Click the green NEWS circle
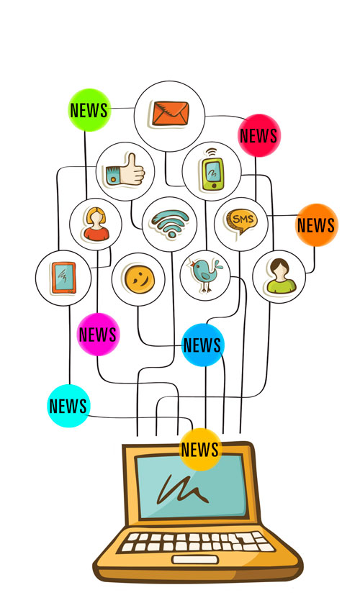[89, 110]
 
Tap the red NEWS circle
[258, 135]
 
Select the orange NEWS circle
[317, 225]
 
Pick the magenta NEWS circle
[98, 335]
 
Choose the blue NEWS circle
[202, 345]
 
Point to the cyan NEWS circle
[68, 406]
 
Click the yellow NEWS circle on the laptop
[200, 450]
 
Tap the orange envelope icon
[170, 113]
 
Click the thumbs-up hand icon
[125, 170]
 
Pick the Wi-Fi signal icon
[170, 224]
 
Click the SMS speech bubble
[242, 222]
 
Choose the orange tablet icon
[63, 278]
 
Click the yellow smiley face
[139, 279]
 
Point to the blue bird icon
[206, 274]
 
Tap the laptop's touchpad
[195, 560]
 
